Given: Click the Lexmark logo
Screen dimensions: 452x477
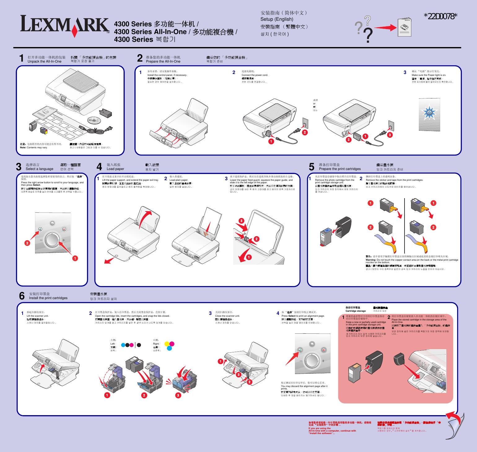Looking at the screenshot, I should (65, 25).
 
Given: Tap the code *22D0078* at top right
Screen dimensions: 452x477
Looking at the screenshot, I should (440, 16).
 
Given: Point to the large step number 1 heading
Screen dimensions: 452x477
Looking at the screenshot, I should (21, 59).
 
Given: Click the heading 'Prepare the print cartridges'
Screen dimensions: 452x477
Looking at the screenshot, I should (340, 169).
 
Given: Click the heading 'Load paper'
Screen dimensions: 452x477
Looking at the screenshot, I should (115, 169).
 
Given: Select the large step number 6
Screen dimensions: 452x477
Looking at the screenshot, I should (22, 296).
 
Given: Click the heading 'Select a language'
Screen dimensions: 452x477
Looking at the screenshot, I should (39, 169).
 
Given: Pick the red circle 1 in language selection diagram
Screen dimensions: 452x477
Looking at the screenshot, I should (75, 258).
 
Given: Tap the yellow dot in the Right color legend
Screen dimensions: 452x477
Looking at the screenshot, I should (167, 344).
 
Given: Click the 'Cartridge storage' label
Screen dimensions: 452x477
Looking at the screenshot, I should (356, 311).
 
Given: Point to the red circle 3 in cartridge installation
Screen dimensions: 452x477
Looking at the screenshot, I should (178, 395).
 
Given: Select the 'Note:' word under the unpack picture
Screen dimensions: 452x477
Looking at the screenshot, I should (23, 148).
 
